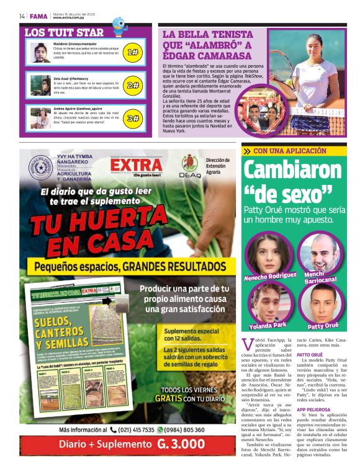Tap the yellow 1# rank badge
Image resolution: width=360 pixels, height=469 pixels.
tap(132, 53)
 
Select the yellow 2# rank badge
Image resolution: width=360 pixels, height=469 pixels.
tap(132, 86)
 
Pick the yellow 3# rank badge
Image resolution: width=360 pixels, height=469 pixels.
tap(132, 118)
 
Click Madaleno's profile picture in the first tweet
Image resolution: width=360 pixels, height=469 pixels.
tap(40, 53)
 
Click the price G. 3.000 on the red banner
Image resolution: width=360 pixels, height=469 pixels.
tap(181, 444)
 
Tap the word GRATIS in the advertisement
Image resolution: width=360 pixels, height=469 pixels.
tap(168, 399)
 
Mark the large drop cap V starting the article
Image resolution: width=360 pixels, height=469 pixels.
tap(248, 345)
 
